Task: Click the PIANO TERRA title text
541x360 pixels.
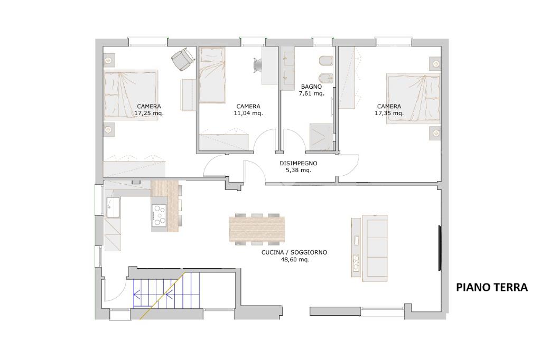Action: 492,287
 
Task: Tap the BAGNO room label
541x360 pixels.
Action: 311,87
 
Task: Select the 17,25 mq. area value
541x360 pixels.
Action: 149,113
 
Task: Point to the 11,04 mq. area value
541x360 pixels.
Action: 248,113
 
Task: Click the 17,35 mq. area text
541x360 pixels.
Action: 389,113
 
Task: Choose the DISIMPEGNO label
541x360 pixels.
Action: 299,163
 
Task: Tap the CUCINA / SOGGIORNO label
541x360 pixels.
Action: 294,252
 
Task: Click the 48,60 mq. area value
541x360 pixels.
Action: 295,259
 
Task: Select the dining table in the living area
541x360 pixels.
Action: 257,229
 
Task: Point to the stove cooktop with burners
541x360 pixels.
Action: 159,215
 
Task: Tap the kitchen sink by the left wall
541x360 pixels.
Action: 113,207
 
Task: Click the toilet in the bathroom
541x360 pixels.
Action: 325,62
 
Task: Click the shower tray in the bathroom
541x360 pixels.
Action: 321,137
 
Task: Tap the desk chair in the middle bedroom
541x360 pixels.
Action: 257,65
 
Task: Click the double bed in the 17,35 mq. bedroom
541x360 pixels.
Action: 413,98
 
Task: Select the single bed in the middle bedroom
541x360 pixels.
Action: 212,75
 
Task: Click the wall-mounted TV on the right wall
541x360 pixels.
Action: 440,248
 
